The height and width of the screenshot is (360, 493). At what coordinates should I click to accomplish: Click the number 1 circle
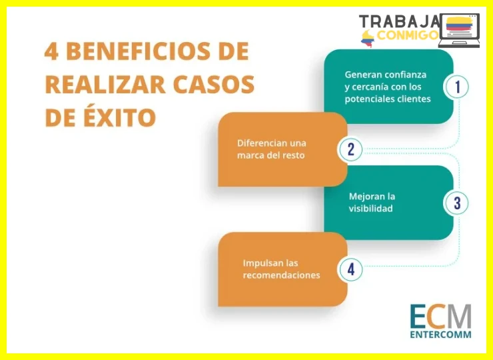coord(456,87)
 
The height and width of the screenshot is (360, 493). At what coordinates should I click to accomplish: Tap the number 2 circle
coord(350,149)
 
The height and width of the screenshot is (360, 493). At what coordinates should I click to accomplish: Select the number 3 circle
coord(456,203)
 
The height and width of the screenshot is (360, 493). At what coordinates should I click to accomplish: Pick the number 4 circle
coord(350,269)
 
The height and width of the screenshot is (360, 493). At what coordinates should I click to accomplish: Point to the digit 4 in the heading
coord(51,51)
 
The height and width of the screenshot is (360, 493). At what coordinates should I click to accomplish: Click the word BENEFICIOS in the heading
coord(138,51)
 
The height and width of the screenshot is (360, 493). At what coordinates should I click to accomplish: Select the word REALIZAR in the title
coord(105,85)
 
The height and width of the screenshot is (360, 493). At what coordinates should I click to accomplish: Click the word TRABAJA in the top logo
coord(400,21)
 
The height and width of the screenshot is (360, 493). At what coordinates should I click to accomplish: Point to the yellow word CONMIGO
coord(408,35)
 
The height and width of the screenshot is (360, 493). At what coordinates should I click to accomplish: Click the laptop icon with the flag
coord(460,31)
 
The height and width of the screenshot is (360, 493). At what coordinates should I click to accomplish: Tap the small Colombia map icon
coord(368,39)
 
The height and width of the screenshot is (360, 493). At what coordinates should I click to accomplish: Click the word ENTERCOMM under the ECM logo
coord(440,334)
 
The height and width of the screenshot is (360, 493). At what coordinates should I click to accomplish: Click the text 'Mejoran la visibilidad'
coord(372,203)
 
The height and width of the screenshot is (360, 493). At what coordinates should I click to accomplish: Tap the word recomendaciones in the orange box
coord(281,275)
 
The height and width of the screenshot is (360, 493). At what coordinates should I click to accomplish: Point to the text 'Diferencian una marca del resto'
coord(272,149)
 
